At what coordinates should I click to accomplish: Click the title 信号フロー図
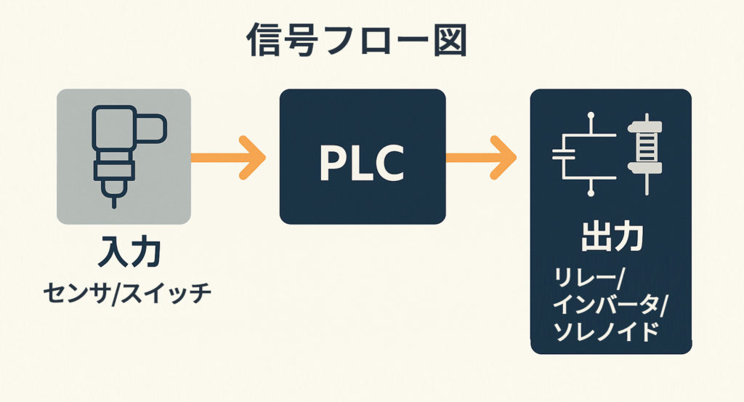356,42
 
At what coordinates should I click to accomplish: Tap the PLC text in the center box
362,164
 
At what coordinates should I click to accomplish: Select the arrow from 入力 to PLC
228,157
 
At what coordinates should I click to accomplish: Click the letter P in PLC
331,164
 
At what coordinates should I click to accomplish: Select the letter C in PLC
392,164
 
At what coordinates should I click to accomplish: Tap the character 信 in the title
266,42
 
